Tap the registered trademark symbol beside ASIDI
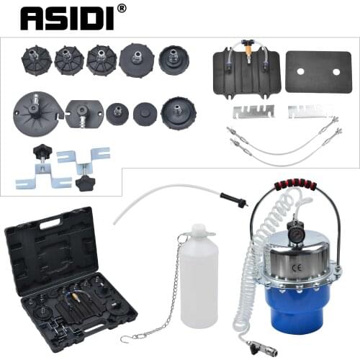pos(121,9)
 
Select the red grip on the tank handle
pos(294,184)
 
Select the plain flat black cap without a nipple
pos(145,114)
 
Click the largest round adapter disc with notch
pos(34,114)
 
